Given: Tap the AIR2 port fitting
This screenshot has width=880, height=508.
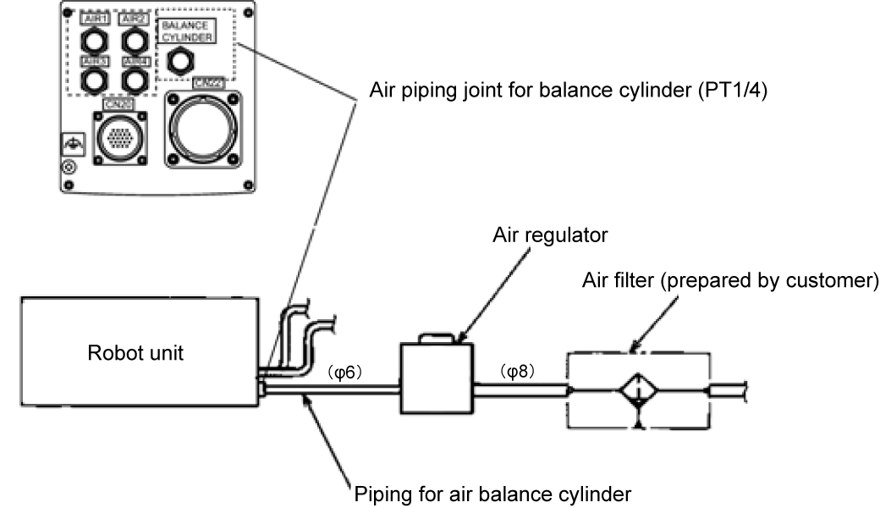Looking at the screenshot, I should pyautogui.click(x=135, y=40).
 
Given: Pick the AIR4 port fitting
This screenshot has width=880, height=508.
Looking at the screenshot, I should pyautogui.click(x=135, y=80).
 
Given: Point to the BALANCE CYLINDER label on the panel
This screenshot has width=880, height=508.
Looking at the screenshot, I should pyautogui.click(x=184, y=31).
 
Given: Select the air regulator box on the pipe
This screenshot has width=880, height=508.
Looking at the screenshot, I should pyautogui.click(x=435, y=378).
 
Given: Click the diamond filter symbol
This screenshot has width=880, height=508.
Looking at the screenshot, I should pyautogui.click(x=641, y=390).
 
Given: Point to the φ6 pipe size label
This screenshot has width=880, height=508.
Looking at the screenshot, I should pyautogui.click(x=344, y=372).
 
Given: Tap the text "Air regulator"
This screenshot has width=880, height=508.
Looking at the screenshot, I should pyautogui.click(x=550, y=235).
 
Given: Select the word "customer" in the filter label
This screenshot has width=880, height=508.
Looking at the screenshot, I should pyautogui.click(x=828, y=280).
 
